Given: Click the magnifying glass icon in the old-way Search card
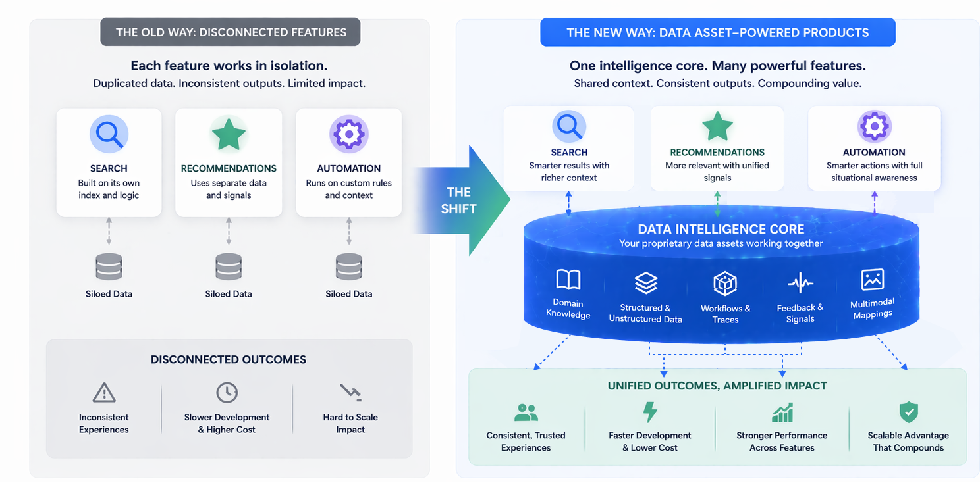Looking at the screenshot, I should click(x=109, y=134).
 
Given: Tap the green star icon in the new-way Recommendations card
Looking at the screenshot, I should click(x=717, y=126).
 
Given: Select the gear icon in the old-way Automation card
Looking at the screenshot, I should click(x=348, y=134).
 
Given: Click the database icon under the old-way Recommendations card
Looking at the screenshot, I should click(x=229, y=266).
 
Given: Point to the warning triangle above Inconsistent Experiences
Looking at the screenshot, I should click(x=104, y=393).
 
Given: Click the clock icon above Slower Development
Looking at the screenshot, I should click(x=227, y=392).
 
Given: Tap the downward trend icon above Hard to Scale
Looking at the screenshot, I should click(x=350, y=393).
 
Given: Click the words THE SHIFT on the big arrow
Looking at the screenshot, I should click(x=458, y=200).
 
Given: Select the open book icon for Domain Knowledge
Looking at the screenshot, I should click(x=568, y=280).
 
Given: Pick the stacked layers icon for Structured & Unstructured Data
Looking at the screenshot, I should click(x=645, y=283).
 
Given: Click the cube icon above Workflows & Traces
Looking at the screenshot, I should click(x=725, y=284).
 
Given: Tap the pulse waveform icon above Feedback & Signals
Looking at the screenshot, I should click(x=800, y=284).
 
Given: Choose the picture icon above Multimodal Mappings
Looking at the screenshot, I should click(x=873, y=280).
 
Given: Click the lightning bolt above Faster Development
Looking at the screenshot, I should click(x=650, y=413).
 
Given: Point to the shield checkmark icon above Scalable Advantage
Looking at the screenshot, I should click(x=909, y=413).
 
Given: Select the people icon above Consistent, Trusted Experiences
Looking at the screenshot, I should click(x=526, y=413).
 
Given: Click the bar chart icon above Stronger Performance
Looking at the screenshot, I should click(x=782, y=413).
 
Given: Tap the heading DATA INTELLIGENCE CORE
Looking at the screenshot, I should click(x=721, y=229).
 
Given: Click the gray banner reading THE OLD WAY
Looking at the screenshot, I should click(x=231, y=32).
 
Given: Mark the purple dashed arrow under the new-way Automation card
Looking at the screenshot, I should click(x=875, y=203).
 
